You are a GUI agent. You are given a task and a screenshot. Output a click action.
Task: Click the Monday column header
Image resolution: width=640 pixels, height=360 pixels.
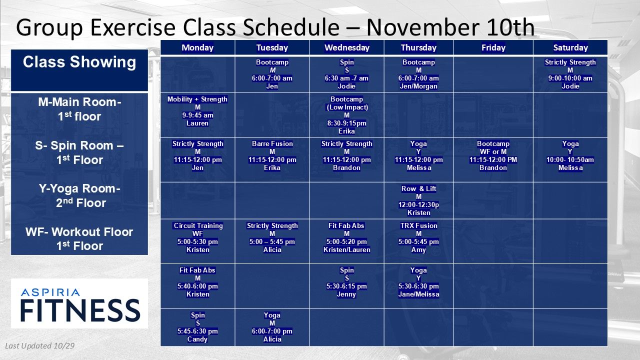197,47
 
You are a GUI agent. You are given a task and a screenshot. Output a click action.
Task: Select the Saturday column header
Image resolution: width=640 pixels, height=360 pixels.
570,47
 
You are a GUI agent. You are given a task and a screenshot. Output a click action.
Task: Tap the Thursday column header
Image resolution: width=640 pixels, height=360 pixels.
418,47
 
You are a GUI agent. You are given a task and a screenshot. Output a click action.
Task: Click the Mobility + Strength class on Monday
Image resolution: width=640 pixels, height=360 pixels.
197,111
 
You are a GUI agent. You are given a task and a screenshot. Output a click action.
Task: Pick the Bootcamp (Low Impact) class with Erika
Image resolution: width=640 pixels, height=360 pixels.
346,115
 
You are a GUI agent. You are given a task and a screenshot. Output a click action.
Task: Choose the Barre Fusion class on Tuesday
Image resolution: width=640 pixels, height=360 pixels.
272,155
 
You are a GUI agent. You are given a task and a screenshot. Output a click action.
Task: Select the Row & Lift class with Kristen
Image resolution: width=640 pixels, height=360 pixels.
418,200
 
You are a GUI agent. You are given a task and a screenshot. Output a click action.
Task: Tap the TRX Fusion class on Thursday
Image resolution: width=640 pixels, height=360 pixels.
418,237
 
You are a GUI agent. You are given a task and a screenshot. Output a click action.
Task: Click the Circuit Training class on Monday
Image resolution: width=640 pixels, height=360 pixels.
197,237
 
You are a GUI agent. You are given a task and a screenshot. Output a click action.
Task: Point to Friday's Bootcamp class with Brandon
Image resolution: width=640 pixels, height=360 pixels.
493,155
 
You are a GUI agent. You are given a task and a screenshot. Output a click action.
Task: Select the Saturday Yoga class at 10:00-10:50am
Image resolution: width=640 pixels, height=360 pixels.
570,155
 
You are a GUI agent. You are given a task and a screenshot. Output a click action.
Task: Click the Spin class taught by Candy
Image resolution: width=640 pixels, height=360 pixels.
197,327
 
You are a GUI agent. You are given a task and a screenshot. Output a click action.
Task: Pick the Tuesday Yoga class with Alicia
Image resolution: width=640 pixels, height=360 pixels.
272,327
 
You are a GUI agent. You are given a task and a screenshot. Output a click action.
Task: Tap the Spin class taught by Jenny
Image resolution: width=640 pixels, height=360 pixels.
346,282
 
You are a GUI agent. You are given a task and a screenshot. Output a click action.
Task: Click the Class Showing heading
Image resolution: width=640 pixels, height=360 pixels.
79,62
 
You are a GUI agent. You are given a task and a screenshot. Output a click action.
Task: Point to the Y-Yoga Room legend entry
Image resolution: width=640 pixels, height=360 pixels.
80,195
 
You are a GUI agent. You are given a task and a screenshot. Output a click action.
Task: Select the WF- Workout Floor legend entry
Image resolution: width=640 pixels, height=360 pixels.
79,239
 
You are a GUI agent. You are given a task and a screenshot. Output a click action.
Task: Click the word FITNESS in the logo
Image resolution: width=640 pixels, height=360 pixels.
80,310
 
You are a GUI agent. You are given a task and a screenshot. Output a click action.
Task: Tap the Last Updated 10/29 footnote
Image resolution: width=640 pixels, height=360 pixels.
39,346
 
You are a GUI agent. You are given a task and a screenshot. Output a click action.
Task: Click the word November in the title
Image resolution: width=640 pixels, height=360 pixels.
423,27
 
